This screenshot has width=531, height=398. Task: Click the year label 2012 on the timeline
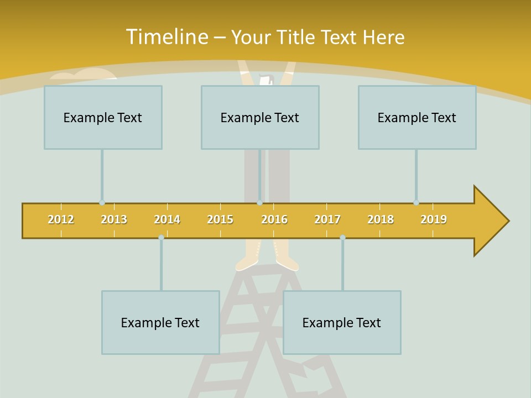click(x=61, y=219)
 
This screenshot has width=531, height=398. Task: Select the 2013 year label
click(x=114, y=219)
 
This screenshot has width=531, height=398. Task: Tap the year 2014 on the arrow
click(x=167, y=219)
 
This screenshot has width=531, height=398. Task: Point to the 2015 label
click(x=220, y=219)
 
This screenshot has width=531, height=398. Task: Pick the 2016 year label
click(x=274, y=219)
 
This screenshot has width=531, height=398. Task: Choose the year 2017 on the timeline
click(x=327, y=219)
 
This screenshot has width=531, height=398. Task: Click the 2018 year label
click(x=381, y=219)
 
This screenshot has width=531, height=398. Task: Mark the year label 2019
click(x=434, y=219)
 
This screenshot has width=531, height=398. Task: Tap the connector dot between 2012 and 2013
click(x=102, y=202)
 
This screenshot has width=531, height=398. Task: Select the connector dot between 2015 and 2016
click(x=259, y=202)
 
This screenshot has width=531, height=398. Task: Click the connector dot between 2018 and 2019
click(x=416, y=202)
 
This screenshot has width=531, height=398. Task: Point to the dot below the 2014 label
click(x=161, y=238)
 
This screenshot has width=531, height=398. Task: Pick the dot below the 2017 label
click(x=342, y=238)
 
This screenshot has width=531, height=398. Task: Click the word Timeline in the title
click(x=166, y=37)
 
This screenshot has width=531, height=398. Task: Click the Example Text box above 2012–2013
click(x=103, y=117)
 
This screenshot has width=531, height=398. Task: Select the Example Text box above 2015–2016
click(x=260, y=117)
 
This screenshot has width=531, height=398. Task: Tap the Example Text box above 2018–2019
click(x=417, y=117)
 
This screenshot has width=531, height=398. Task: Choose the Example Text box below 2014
click(x=160, y=322)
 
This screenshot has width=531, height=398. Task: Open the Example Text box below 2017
click(x=342, y=322)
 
